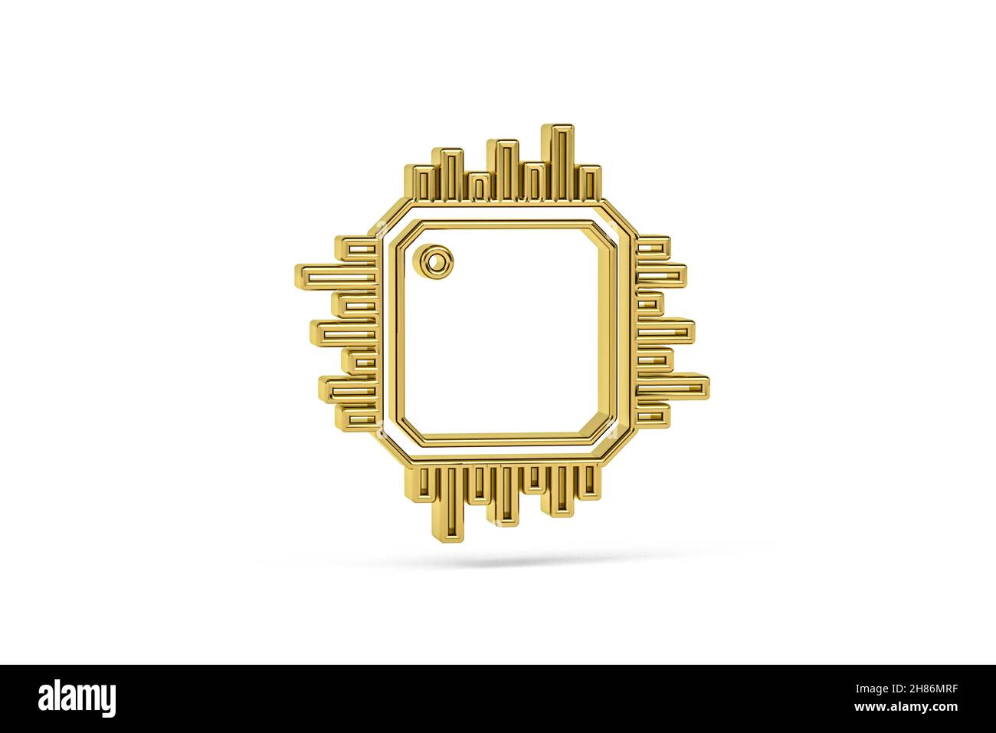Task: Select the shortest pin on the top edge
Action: click(x=479, y=189)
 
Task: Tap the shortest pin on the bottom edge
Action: click(x=534, y=478)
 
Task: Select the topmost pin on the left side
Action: click(x=358, y=248)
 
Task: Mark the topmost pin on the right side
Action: click(x=653, y=247)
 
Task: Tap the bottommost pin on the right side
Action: click(x=652, y=415)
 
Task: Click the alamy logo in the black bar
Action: click(x=77, y=698)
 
